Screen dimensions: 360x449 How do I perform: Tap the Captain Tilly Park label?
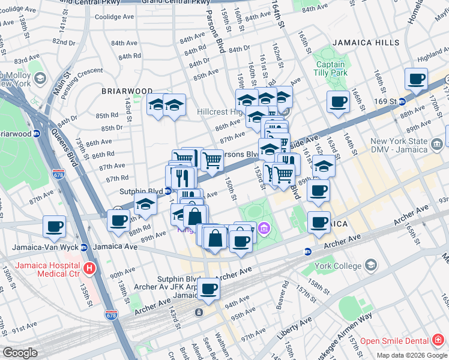(x=331, y=68)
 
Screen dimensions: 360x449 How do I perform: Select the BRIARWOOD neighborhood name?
(x=127, y=91)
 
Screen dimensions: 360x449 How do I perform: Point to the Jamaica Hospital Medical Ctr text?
(x=47, y=269)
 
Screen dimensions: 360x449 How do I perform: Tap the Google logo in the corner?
(x=20, y=353)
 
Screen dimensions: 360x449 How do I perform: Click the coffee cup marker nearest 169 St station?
(x=415, y=79)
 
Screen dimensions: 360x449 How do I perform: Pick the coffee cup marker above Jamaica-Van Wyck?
(x=55, y=227)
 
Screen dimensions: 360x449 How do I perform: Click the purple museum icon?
(x=263, y=229)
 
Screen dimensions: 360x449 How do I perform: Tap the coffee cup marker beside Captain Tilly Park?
(x=338, y=102)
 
